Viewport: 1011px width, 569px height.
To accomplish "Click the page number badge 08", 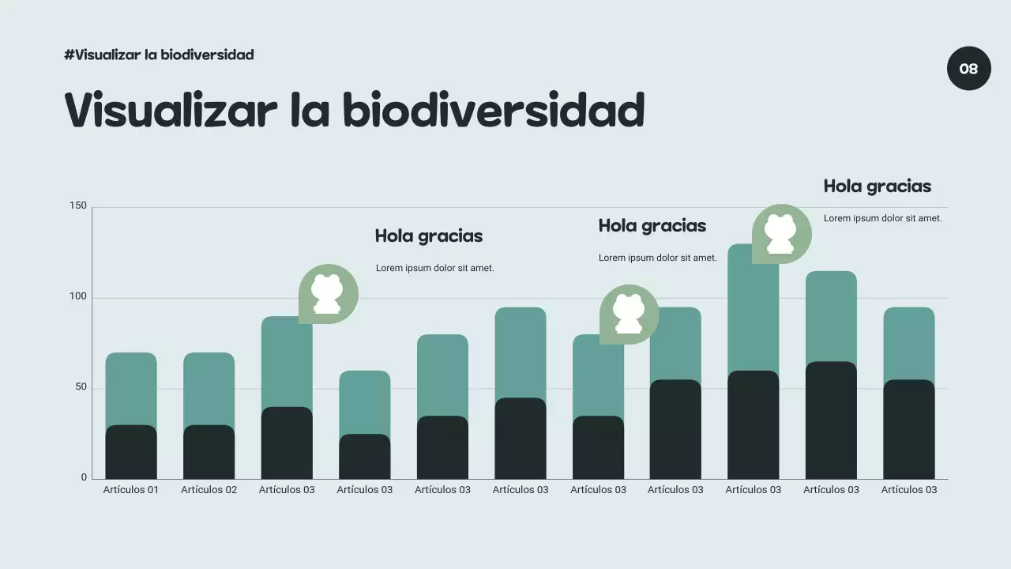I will point(968,69).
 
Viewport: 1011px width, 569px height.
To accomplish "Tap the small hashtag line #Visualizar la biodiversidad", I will point(159,55).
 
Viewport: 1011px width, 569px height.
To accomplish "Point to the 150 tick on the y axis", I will point(78,206).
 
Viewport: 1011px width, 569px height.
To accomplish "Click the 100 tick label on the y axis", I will point(78,297).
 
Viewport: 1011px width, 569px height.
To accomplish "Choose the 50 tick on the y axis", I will point(81,387).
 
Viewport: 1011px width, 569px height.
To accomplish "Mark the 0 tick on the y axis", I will point(84,477).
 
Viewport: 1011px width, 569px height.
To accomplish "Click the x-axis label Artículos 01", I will point(131,490).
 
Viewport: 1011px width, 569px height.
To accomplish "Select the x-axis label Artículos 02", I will point(209,490).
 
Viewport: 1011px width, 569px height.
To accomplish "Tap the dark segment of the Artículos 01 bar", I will point(131,452).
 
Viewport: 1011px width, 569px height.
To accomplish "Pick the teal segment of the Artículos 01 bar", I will point(131,388).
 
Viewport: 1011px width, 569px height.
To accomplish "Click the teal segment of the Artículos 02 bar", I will point(209,388).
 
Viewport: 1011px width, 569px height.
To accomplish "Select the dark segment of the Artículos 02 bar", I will point(209,452).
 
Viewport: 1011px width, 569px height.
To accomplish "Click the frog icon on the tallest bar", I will point(781,234).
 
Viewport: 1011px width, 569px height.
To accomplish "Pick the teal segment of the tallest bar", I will point(753,316).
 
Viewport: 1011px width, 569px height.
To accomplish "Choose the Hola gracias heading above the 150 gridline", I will point(877,187).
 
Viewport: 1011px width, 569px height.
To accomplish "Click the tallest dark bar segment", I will point(831,420).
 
